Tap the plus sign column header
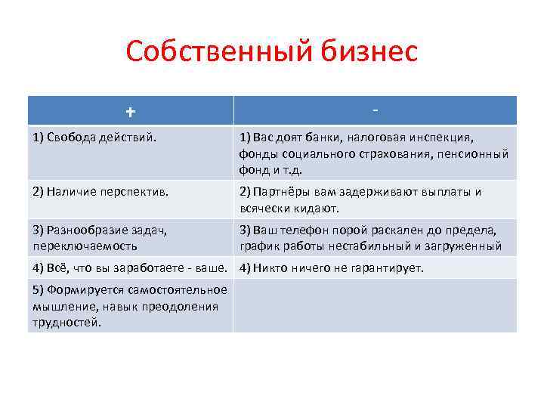131,112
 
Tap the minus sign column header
375,110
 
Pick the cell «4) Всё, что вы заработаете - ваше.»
130,267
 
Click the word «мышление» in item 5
58,306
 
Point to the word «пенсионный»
479,153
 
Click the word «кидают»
320,207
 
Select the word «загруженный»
471,246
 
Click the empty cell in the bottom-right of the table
375,305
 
